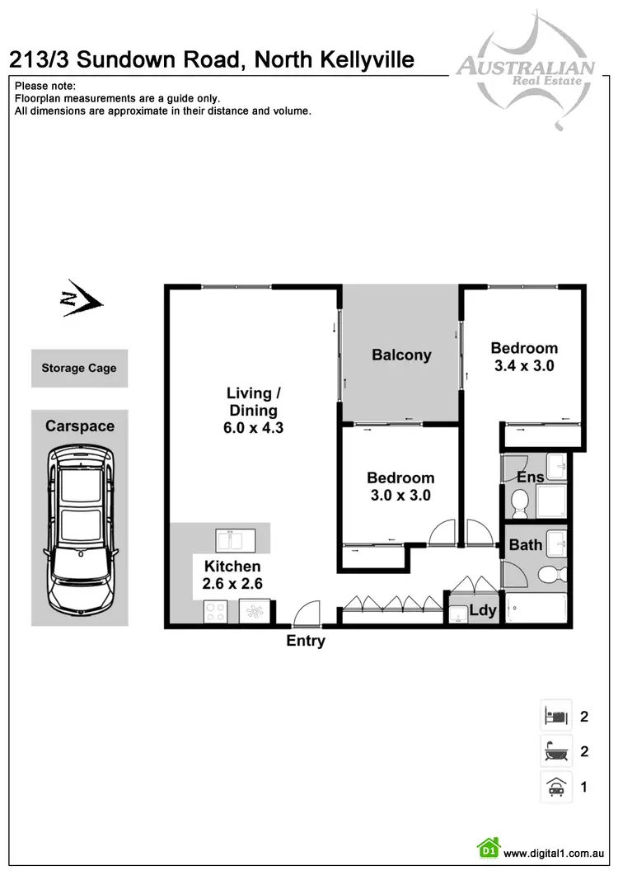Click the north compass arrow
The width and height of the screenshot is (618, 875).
tap(81, 303)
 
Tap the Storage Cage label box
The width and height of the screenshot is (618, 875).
tap(79, 369)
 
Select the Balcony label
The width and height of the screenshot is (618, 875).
tap(401, 355)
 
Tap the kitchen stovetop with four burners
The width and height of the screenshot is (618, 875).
tap(216, 612)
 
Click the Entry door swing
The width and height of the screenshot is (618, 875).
tap(306, 612)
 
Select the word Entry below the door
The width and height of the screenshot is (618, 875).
tap(306, 641)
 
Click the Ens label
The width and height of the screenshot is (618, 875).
tap(530, 477)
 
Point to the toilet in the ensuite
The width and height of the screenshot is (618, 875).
tap(520, 501)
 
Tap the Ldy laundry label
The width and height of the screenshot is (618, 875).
tap(483, 610)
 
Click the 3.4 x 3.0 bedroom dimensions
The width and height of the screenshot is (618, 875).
tap(524, 365)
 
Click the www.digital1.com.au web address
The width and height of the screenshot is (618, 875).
tap(555, 854)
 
